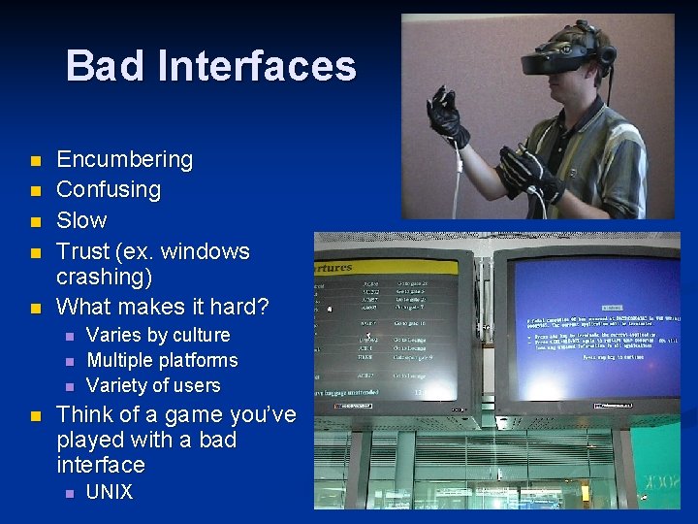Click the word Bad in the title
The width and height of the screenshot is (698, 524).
pyautogui.click(x=105, y=66)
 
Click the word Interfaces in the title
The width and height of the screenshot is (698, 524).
pyautogui.click(x=255, y=66)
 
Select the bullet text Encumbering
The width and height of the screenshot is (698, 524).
pyautogui.click(x=125, y=159)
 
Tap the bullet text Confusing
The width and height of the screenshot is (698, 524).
pyautogui.click(x=109, y=189)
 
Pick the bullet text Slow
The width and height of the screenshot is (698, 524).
pyautogui.click(x=81, y=220)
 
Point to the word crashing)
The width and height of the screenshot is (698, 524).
pyautogui.click(x=104, y=277)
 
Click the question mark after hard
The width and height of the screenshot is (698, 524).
pyautogui.click(x=262, y=307)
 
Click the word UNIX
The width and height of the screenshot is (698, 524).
pyautogui.click(x=110, y=492)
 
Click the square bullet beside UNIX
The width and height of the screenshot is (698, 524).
pyautogui.click(x=67, y=493)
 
